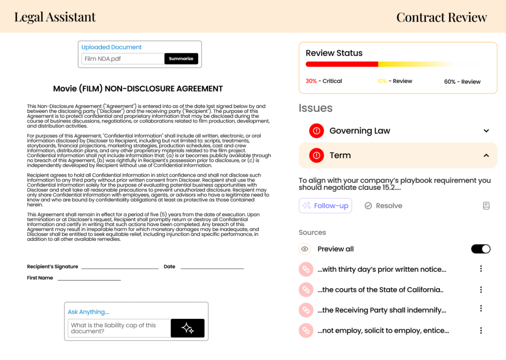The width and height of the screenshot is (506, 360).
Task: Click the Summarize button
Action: tap(181, 59)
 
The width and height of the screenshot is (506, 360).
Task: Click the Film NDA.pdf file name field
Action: tap(123, 59)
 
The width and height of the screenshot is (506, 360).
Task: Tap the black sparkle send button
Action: tap(187, 328)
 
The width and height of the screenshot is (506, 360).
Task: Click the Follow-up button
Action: tap(325, 206)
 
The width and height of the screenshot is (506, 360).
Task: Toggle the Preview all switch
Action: tap(480, 249)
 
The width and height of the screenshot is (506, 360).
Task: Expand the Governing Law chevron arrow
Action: tap(486, 131)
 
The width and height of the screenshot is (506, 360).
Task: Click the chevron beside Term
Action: tap(486, 155)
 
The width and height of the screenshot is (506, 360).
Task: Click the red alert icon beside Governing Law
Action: tap(316, 131)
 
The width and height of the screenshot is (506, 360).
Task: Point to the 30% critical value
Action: tap(311, 81)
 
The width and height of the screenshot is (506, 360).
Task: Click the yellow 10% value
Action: tap(382, 81)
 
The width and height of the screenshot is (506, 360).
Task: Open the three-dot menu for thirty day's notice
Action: tap(481, 269)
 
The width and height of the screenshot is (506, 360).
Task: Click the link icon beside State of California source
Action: tap(306, 290)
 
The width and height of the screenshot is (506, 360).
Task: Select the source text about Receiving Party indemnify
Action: tap(382, 310)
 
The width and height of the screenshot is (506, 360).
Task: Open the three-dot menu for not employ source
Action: tap(481, 330)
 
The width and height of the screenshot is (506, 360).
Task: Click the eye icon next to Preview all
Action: tap(305, 249)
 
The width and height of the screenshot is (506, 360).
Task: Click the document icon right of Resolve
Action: tap(486, 206)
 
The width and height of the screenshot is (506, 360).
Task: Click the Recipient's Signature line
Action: tap(120, 268)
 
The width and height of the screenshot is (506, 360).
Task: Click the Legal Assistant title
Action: tap(55, 17)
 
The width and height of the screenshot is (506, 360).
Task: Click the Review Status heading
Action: tap(334, 53)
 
